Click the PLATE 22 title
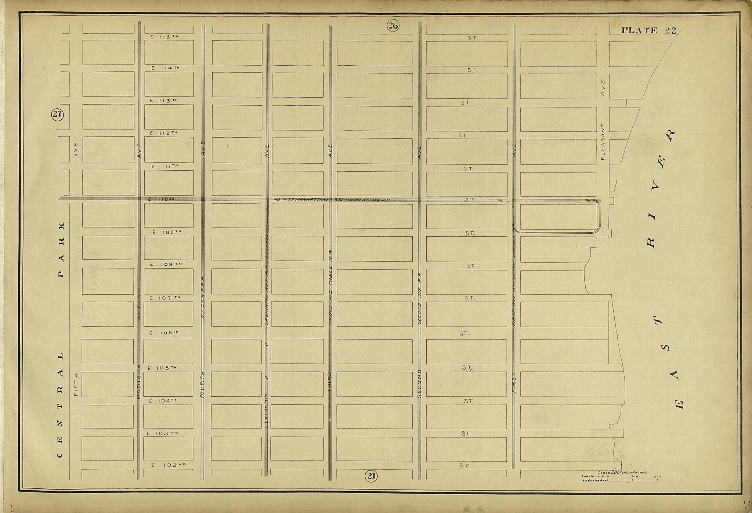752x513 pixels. click(648, 30)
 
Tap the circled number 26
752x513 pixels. click(393, 26)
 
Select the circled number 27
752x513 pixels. click(57, 114)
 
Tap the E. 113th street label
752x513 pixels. click(164, 100)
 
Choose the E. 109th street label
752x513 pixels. click(167, 232)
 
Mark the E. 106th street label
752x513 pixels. click(164, 333)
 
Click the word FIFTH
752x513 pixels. click(76, 384)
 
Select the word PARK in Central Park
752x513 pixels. click(61, 250)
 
